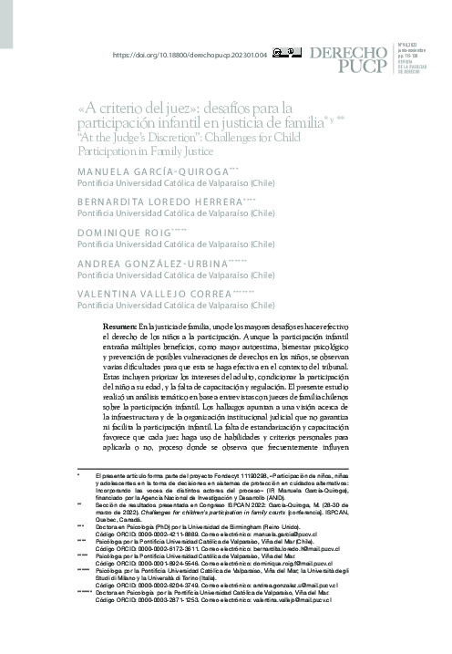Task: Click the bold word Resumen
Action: (x=119, y=327)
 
